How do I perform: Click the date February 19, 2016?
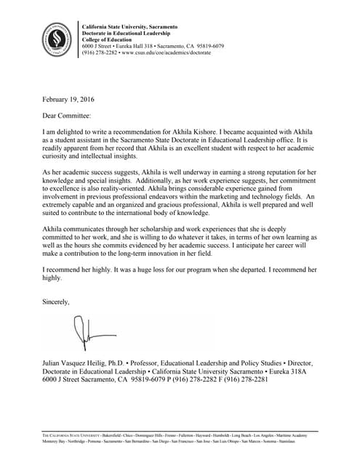tap(68, 100)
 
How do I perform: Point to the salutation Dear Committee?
tap(68, 115)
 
